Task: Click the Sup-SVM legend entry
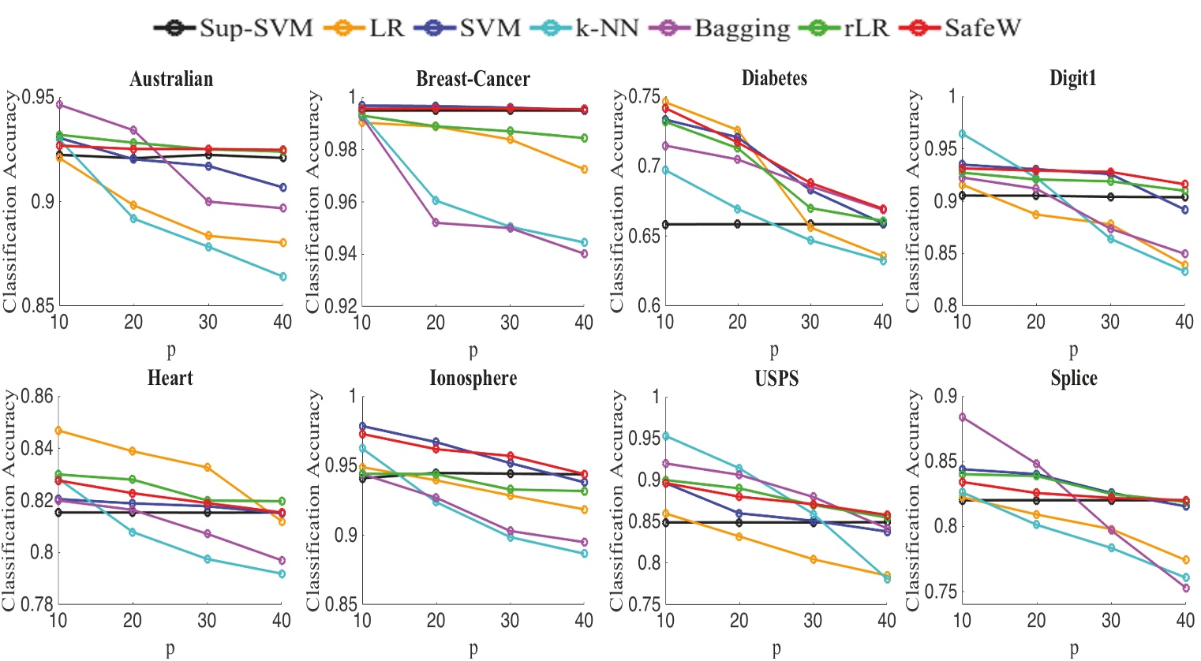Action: [x=234, y=28]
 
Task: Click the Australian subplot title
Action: [x=171, y=79]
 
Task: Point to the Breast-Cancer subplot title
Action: [x=473, y=79]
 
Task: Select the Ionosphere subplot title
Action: [x=473, y=378]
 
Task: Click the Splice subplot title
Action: [x=1073, y=378]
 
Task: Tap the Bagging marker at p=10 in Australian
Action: [x=60, y=104]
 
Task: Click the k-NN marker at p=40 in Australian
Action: [x=282, y=276]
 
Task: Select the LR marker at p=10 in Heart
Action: [x=60, y=431]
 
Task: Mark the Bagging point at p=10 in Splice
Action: [x=962, y=417]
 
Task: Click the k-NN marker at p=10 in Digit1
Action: [x=962, y=134]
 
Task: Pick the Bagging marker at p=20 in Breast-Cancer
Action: [x=436, y=222]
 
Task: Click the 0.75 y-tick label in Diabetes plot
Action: [x=644, y=97]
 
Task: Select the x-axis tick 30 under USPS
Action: [x=813, y=621]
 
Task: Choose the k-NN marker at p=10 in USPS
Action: [x=666, y=436]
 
